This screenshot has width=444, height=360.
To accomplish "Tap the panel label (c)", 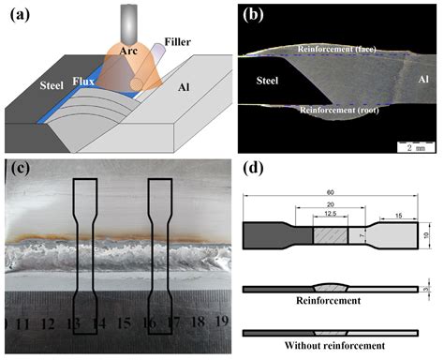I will tap(20, 170).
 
